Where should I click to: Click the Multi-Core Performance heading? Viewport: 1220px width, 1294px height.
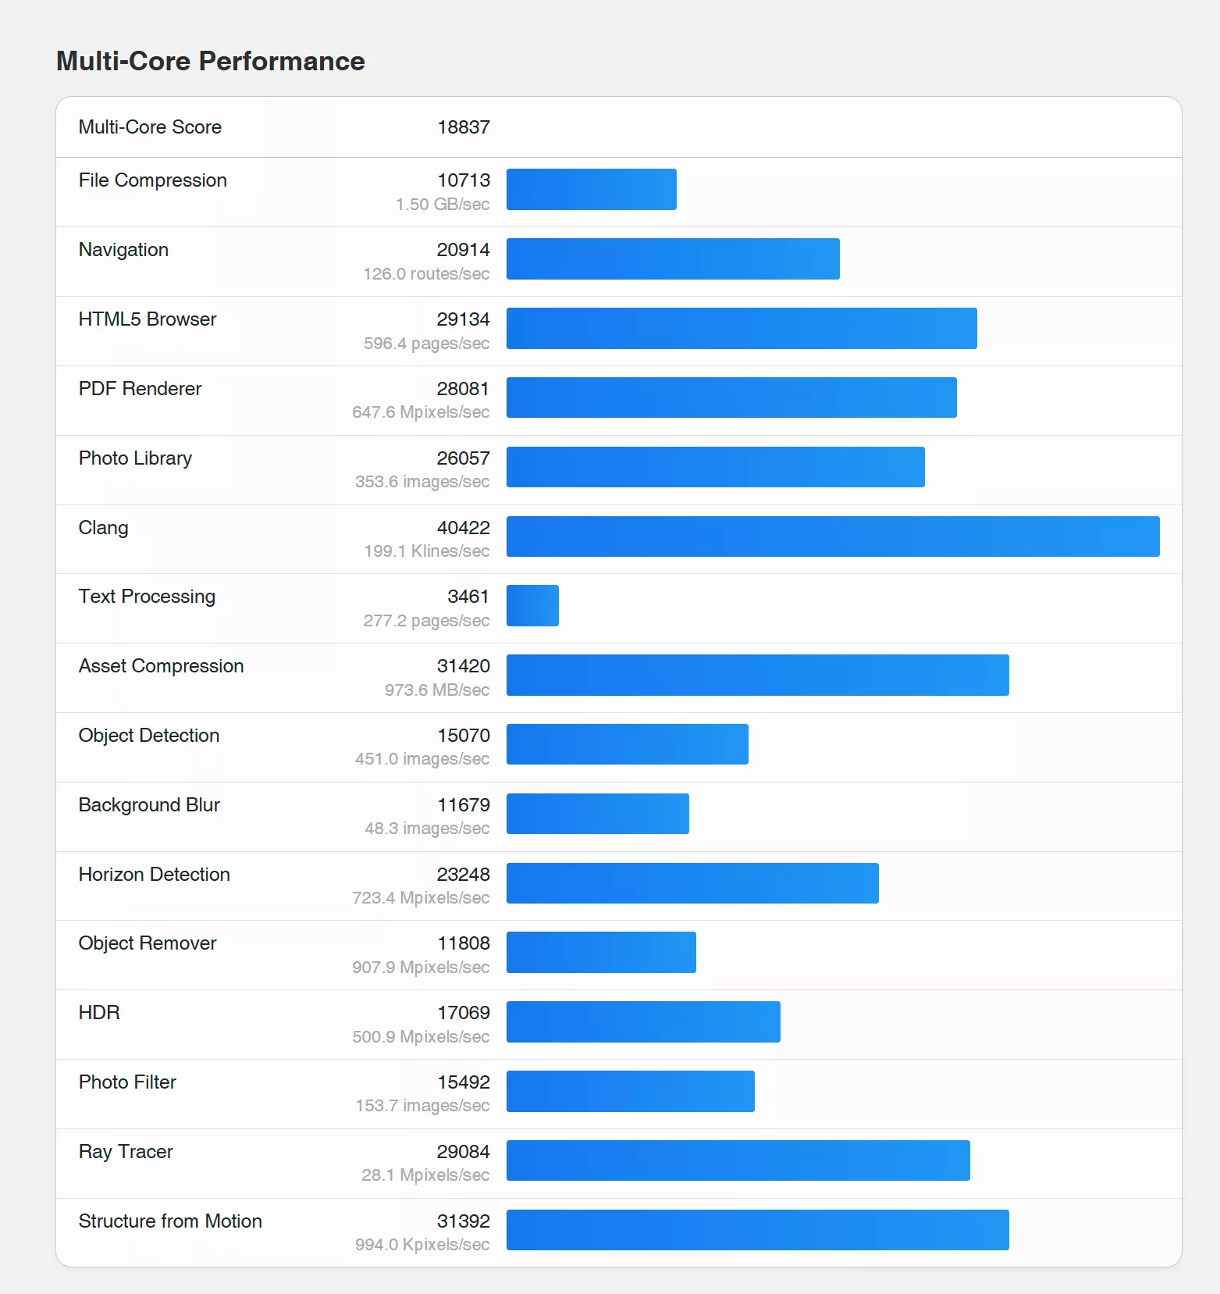211,61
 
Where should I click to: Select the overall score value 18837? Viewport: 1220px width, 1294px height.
463,127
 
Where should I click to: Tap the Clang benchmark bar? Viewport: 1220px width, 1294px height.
832,536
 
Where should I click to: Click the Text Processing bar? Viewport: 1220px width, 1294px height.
532,605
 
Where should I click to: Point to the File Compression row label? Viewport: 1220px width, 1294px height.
153,180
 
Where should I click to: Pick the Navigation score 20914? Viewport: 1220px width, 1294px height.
463,250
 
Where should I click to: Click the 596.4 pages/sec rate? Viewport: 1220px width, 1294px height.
426,344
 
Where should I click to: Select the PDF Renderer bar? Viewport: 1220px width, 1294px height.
731,397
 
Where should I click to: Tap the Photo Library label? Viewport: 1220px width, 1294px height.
135,458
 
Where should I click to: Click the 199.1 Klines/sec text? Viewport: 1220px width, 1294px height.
426,551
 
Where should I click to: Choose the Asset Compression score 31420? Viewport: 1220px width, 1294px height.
463,666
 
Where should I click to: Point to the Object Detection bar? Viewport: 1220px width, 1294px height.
627,744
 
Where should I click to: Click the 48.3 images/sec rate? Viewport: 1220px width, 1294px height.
427,829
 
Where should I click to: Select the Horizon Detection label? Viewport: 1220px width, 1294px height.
155,875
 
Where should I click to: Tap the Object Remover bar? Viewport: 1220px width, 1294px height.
601,952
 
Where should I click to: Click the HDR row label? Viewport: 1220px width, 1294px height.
99,1013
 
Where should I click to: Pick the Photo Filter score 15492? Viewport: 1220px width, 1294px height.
463,1082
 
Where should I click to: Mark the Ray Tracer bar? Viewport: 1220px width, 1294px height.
738,1160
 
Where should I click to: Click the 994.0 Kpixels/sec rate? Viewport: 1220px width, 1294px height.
422,1245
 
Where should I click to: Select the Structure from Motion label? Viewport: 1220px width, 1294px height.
170,1221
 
